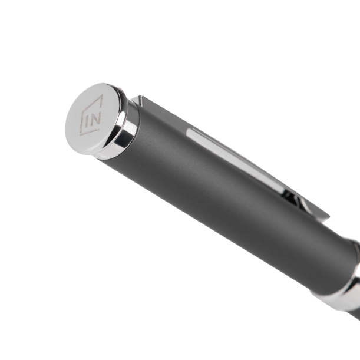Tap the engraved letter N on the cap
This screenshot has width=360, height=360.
95,118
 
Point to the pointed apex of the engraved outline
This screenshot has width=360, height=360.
103,95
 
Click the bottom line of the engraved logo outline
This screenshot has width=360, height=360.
90,132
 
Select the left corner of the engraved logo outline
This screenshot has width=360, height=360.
82,111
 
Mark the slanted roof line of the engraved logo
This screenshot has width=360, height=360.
92,103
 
